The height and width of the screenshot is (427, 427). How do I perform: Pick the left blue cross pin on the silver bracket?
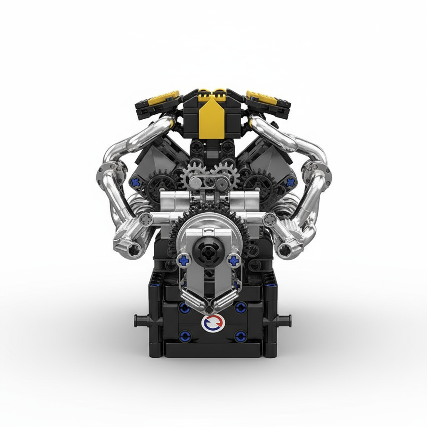pyautogui.click(x=183, y=260)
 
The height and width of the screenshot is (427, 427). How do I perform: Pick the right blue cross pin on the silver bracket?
pyautogui.click(x=234, y=261)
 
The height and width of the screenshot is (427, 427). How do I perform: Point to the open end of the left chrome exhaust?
pyautogui.click(x=134, y=250)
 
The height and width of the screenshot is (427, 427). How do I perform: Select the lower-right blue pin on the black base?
pyautogui.click(x=240, y=336)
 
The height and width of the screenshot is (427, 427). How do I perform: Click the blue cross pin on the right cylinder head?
pyautogui.click(x=290, y=182)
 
